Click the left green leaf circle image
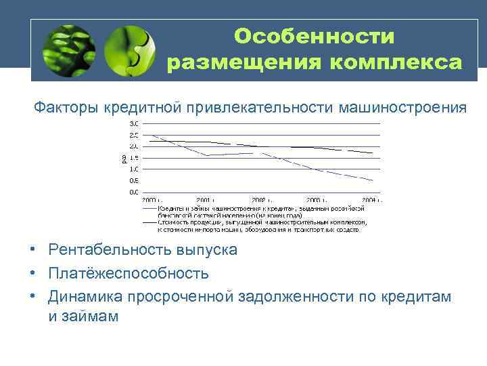pos(68,51)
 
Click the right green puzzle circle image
pos(130,51)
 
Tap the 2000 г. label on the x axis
pos(149,201)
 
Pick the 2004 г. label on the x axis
pos(371,201)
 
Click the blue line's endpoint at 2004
pos(373,180)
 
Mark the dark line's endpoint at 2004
pos(373,153)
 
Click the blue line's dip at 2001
pos(206,155)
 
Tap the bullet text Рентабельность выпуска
pos(142,250)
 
